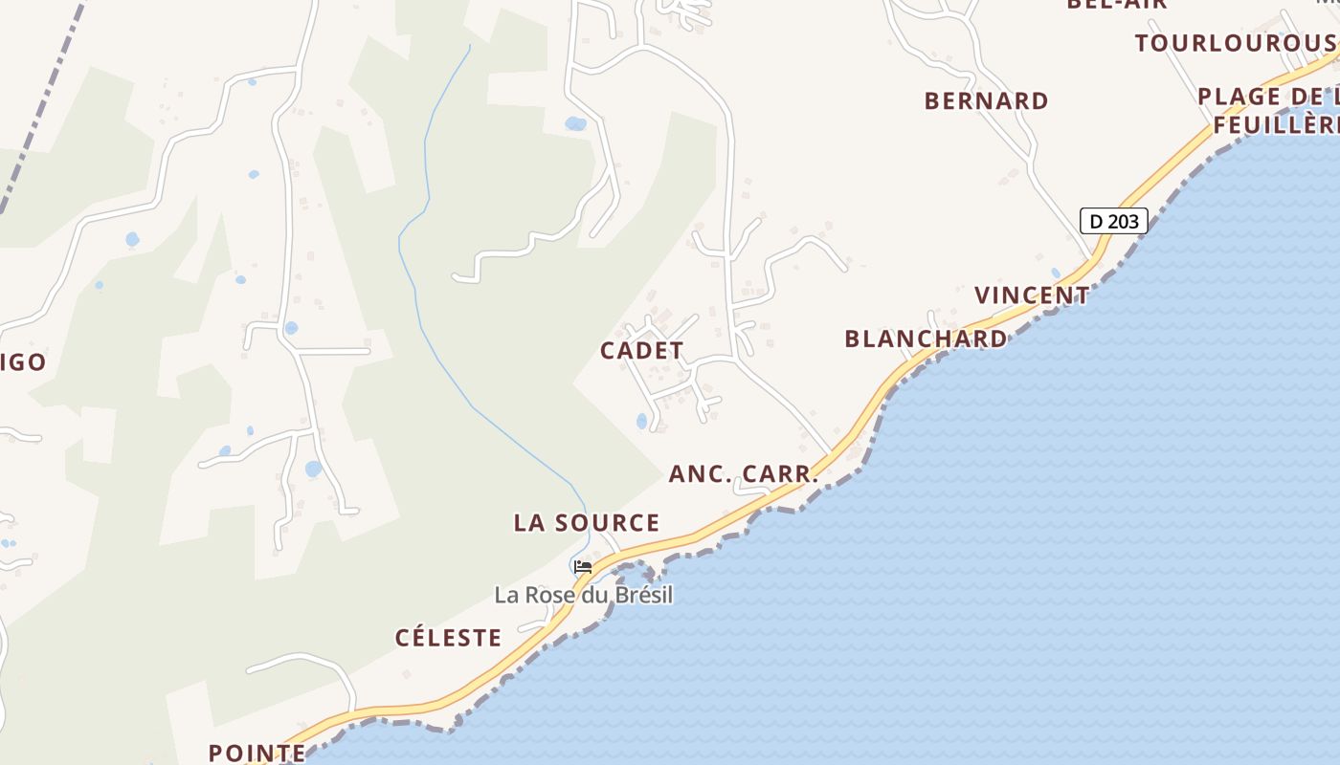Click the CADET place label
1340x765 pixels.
pos(641,351)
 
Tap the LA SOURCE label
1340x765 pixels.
pos(586,523)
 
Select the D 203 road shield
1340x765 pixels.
pos(1113,221)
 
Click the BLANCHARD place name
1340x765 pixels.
pos(926,339)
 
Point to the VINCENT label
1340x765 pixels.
pos(1032,295)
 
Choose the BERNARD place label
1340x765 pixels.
pos(986,100)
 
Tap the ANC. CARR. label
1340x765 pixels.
pos(744,473)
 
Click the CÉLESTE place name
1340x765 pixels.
pos(448,638)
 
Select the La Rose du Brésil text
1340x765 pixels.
pos(583,595)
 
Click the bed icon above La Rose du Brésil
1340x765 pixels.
pos(582,566)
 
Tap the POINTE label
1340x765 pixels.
pos(257,753)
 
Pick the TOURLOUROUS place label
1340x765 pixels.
pos(1236,43)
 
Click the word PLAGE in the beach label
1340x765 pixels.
pos(1239,97)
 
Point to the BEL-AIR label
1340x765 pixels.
pos(1117,4)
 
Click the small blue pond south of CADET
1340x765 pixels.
pos(641,421)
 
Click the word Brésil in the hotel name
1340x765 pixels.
pos(644,595)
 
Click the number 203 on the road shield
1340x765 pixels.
pos(1124,221)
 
